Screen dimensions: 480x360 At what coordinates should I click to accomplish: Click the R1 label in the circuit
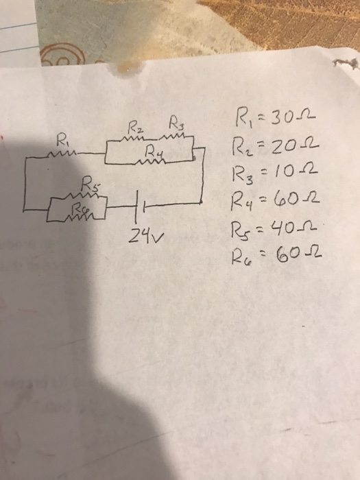click(62, 139)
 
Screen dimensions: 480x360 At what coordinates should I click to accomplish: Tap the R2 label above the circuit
click(134, 128)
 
